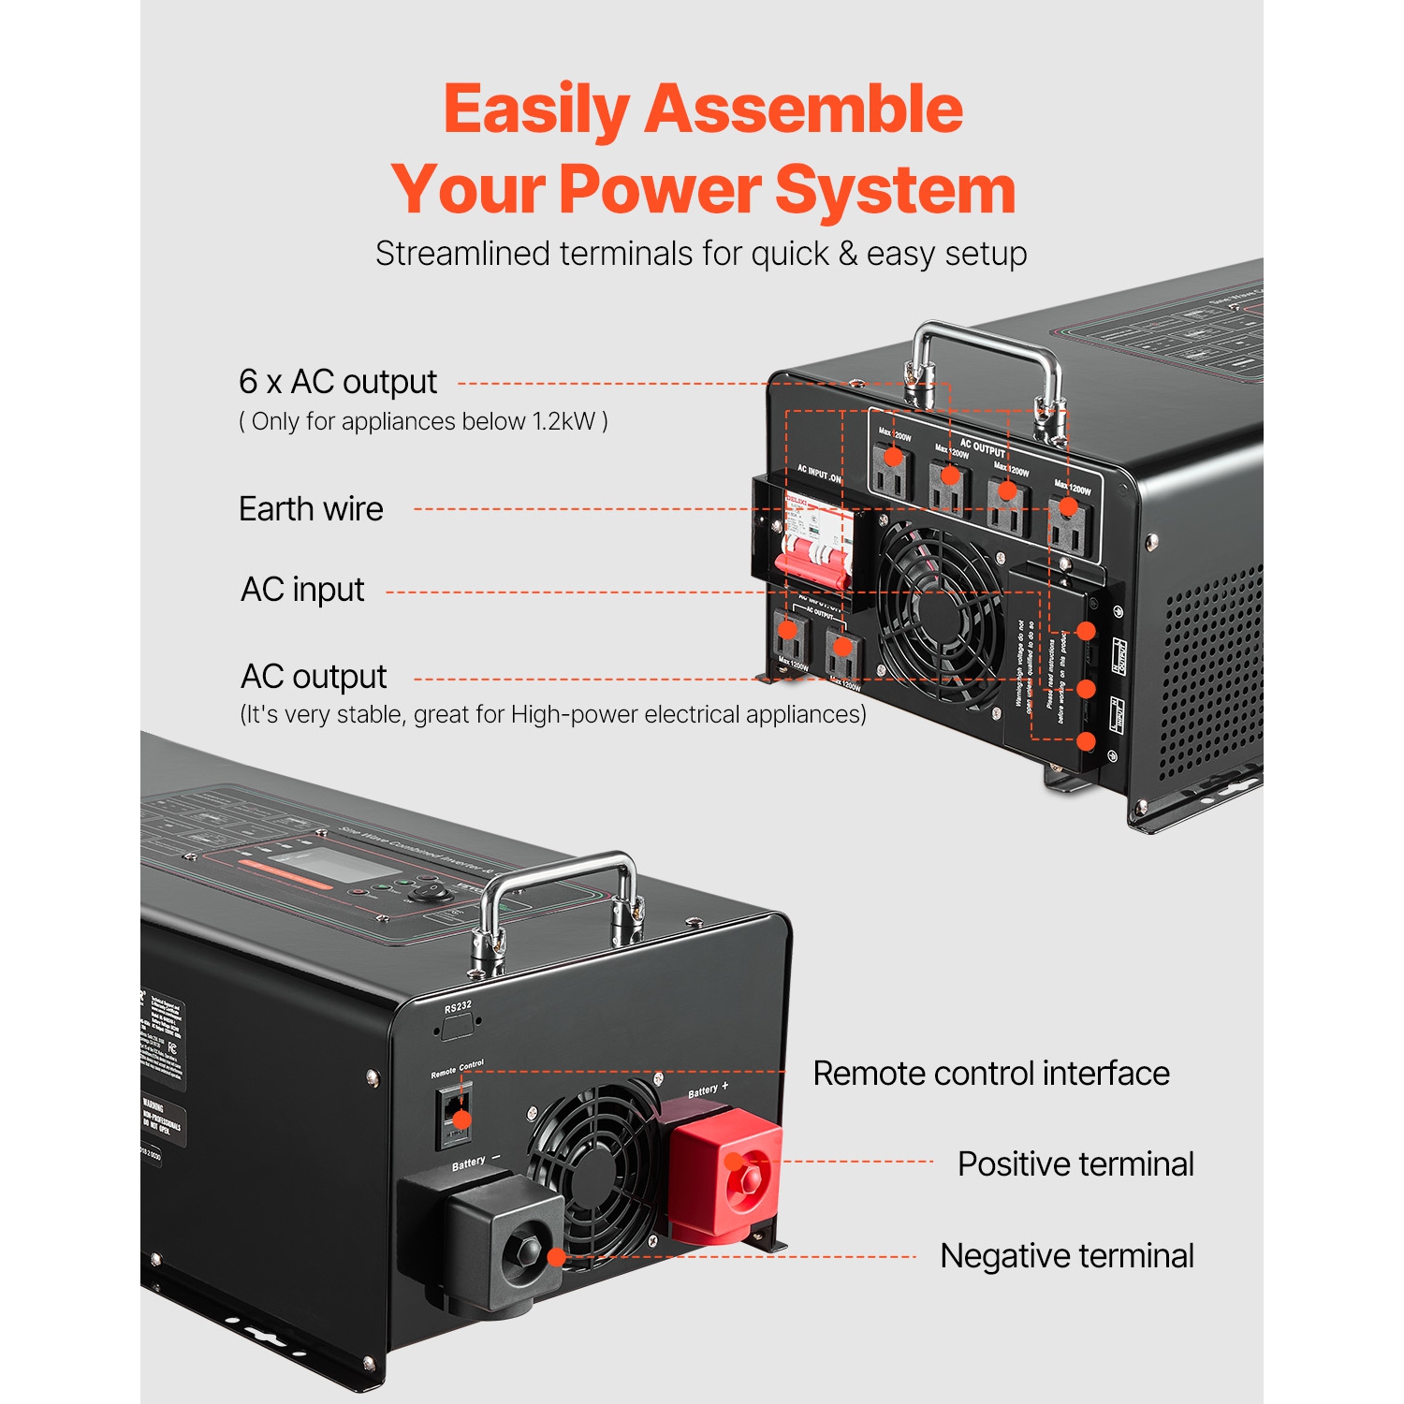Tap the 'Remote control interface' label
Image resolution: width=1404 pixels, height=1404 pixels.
[x=990, y=1074]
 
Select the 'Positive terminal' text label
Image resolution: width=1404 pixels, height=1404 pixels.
[x=1075, y=1164]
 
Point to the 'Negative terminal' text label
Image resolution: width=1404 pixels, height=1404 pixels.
[x=1066, y=1256]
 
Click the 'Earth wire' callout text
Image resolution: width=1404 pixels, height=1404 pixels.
[x=311, y=509]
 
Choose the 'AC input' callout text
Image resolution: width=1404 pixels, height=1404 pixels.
[x=302, y=590]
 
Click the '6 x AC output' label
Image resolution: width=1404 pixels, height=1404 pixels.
[x=337, y=382]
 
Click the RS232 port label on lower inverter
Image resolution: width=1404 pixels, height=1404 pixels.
[x=458, y=1007]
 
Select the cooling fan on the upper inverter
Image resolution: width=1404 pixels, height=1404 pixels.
[x=939, y=613]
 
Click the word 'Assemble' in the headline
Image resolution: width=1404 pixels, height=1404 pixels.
[x=803, y=110]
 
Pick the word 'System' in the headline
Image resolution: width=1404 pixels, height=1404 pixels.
[x=895, y=190]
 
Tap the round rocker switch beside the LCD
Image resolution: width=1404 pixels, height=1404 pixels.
[x=431, y=889]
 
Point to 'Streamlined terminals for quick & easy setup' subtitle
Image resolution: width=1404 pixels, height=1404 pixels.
[x=701, y=254]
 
